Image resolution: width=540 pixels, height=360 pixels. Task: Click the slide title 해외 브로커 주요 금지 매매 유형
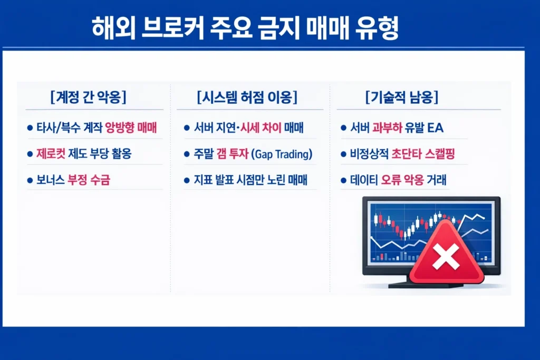245,27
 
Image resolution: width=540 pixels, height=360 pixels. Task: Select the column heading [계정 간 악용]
88,98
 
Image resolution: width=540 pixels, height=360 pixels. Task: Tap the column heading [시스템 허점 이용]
246,98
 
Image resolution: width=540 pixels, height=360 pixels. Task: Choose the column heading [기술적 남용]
402,98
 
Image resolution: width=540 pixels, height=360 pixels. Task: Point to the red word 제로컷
51,154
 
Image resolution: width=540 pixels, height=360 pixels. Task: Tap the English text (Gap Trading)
282,154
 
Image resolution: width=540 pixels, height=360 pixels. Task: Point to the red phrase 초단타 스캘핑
423,154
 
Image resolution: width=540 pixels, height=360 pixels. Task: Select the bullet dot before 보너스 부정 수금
30,181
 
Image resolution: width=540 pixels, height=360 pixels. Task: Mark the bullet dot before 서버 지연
187,128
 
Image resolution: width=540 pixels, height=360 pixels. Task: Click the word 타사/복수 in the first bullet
57,128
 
